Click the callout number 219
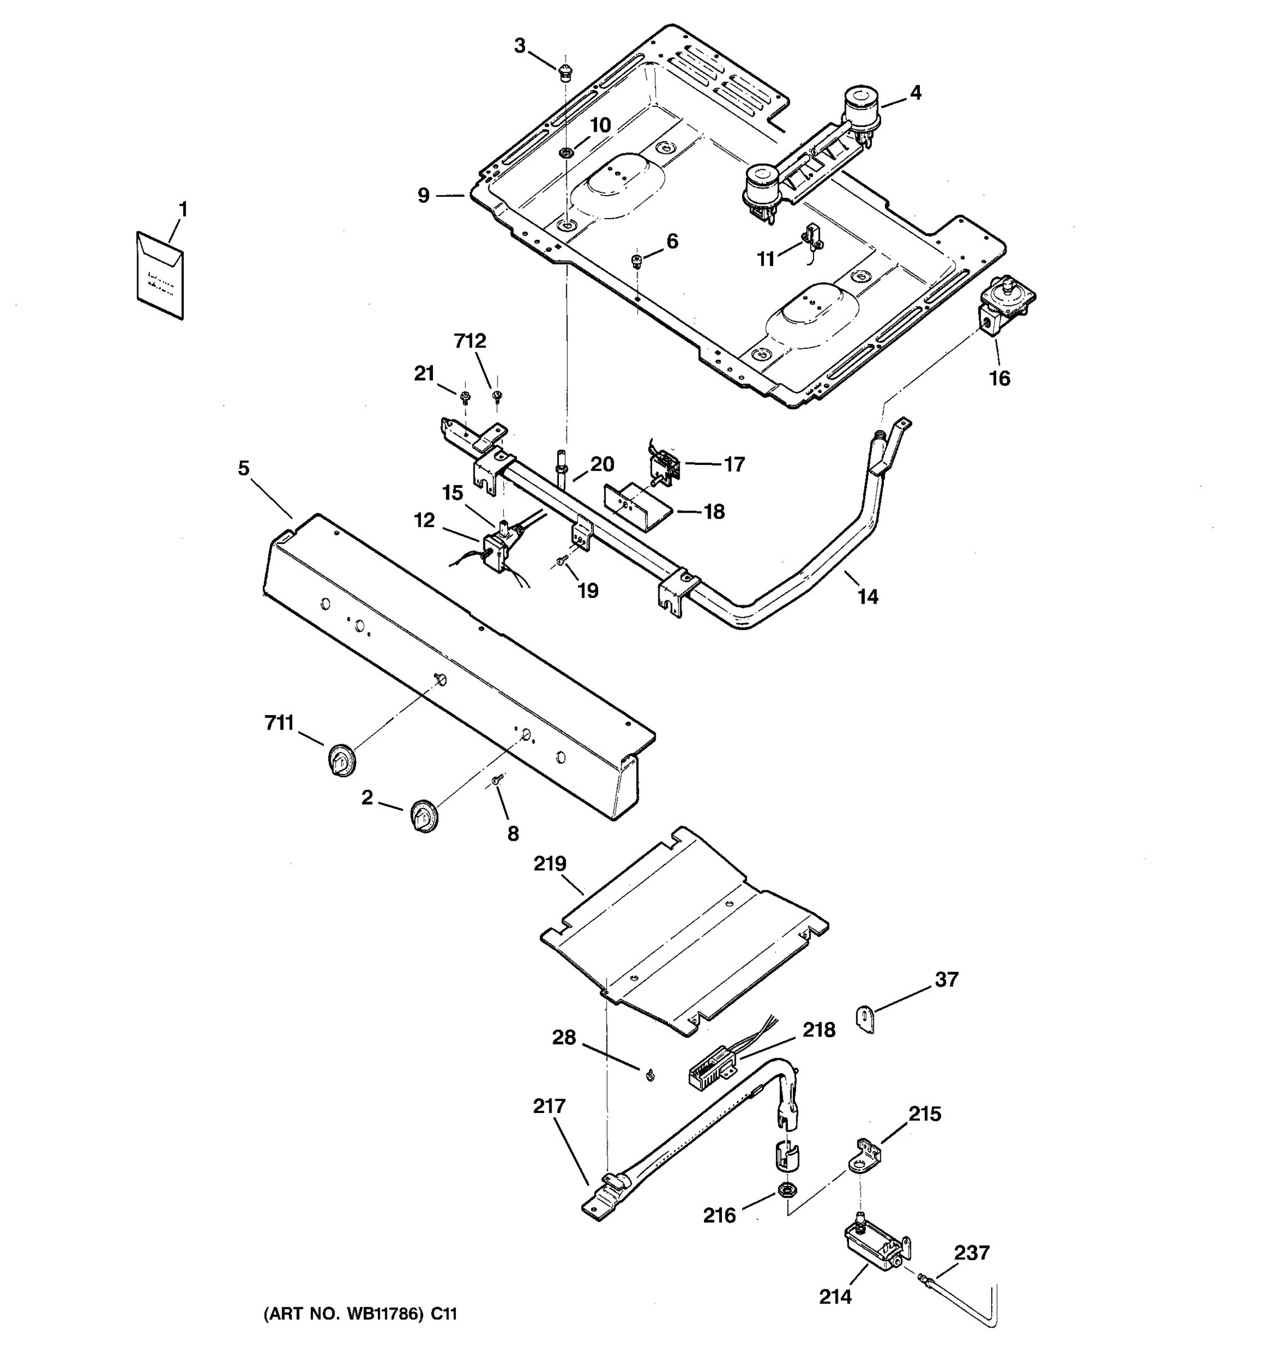point(549,864)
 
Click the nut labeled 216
point(788,1189)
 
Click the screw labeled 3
point(564,72)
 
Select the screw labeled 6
point(636,261)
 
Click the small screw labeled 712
point(498,396)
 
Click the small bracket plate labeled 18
point(636,508)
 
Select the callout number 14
point(868,596)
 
